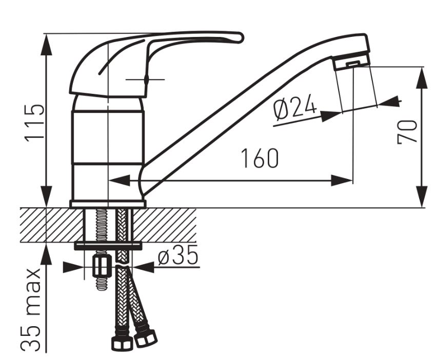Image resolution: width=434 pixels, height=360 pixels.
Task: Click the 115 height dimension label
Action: (34, 123)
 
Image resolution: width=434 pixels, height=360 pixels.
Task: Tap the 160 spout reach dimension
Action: (260, 158)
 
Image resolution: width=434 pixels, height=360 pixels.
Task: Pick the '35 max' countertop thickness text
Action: (30, 309)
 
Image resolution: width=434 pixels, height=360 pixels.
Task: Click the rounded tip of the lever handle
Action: (240, 38)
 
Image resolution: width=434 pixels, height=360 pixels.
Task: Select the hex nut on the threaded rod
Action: (101, 265)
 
